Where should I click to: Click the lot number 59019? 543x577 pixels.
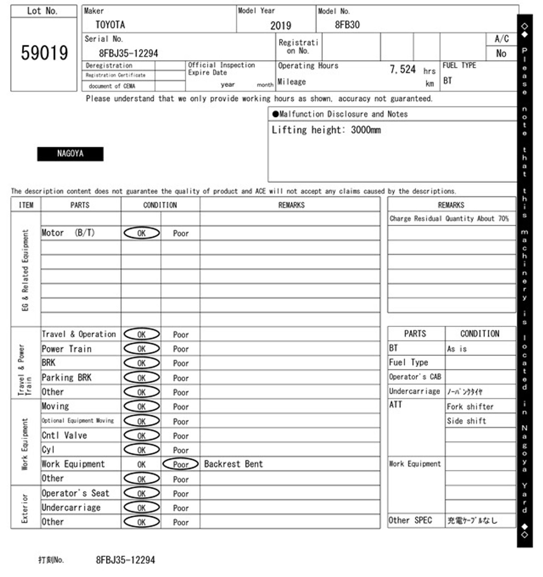click(x=44, y=53)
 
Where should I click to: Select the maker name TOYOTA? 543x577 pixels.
click(x=110, y=25)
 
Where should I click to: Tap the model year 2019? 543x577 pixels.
click(x=281, y=25)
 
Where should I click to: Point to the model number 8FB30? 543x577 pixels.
click(x=347, y=25)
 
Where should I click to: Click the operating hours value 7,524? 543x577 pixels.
click(x=403, y=69)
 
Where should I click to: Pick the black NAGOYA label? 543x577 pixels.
click(x=70, y=154)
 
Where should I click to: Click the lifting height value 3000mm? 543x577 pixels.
click(x=366, y=130)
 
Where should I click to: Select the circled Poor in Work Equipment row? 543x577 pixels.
click(x=181, y=464)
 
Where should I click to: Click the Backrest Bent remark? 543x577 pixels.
click(x=233, y=464)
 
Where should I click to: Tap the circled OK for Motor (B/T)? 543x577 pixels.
click(x=142, y=233)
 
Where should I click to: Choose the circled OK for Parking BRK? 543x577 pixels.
click(x=142, y=378)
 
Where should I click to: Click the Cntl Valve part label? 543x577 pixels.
click(x=64, y=435)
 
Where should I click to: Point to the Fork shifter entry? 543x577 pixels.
click(x=470, y=407)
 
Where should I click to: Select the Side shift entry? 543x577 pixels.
click(x=466, y=421)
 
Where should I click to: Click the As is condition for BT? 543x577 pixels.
click(x=457, y=349)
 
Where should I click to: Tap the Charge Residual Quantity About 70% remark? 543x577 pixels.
click(x=449, y=219)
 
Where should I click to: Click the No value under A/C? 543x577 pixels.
click(x=501, y=54)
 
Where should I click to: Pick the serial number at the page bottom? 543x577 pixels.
click(x=125, y=560)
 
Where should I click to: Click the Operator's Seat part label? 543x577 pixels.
click(x=75, y=493)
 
